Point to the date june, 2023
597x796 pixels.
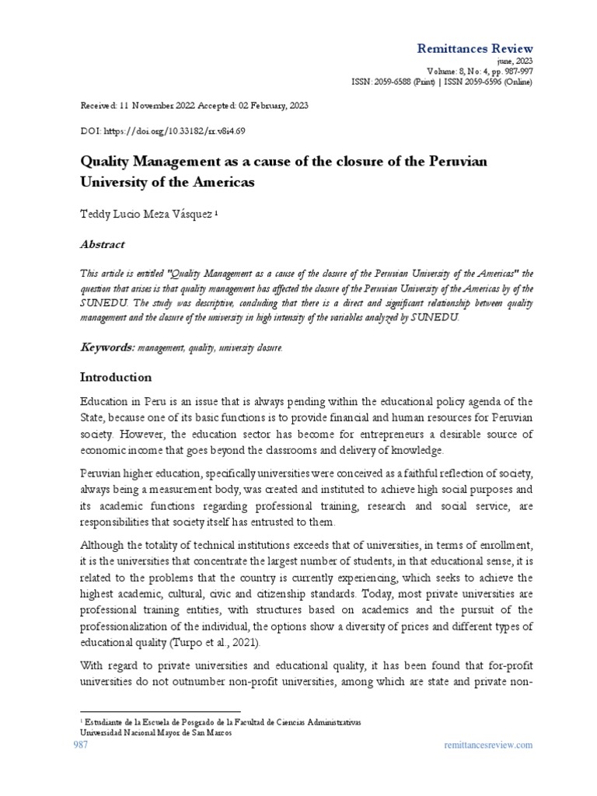(515, 61)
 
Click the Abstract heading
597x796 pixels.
(103, 244)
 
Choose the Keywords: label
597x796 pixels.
(108, 347)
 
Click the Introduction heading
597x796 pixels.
(117, 377)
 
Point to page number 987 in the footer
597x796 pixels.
(81, 745)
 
